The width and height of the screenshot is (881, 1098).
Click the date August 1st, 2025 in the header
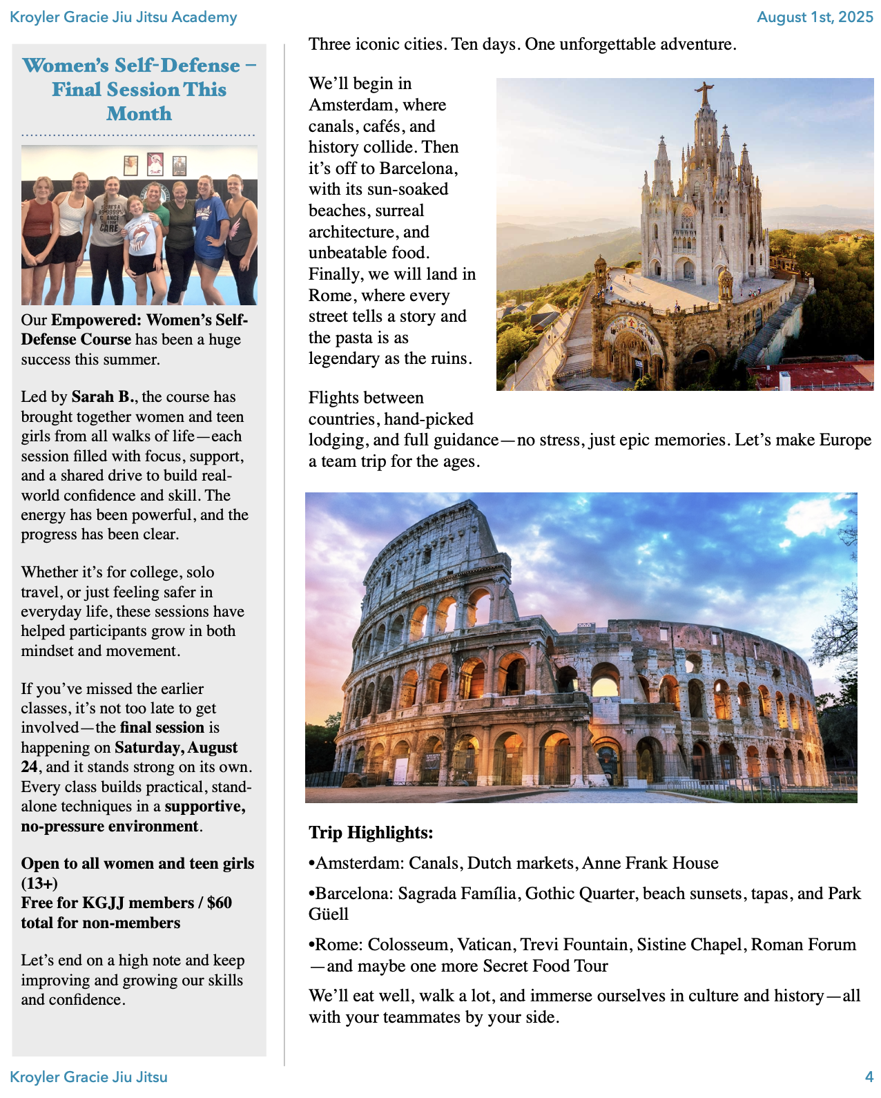point(815,17)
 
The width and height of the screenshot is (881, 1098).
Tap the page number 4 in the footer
point(869,1077)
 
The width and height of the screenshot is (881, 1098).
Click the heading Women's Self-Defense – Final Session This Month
point(139,89)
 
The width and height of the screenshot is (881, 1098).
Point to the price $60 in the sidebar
point(219,903)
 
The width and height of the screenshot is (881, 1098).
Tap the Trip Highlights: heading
point(371,833)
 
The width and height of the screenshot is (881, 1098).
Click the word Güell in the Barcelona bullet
point(329,914)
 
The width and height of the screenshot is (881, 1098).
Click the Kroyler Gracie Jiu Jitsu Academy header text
point(124,17)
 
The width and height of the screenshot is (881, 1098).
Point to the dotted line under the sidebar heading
point(138,135)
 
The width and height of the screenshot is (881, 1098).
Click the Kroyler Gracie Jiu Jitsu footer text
point(89,1077)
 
